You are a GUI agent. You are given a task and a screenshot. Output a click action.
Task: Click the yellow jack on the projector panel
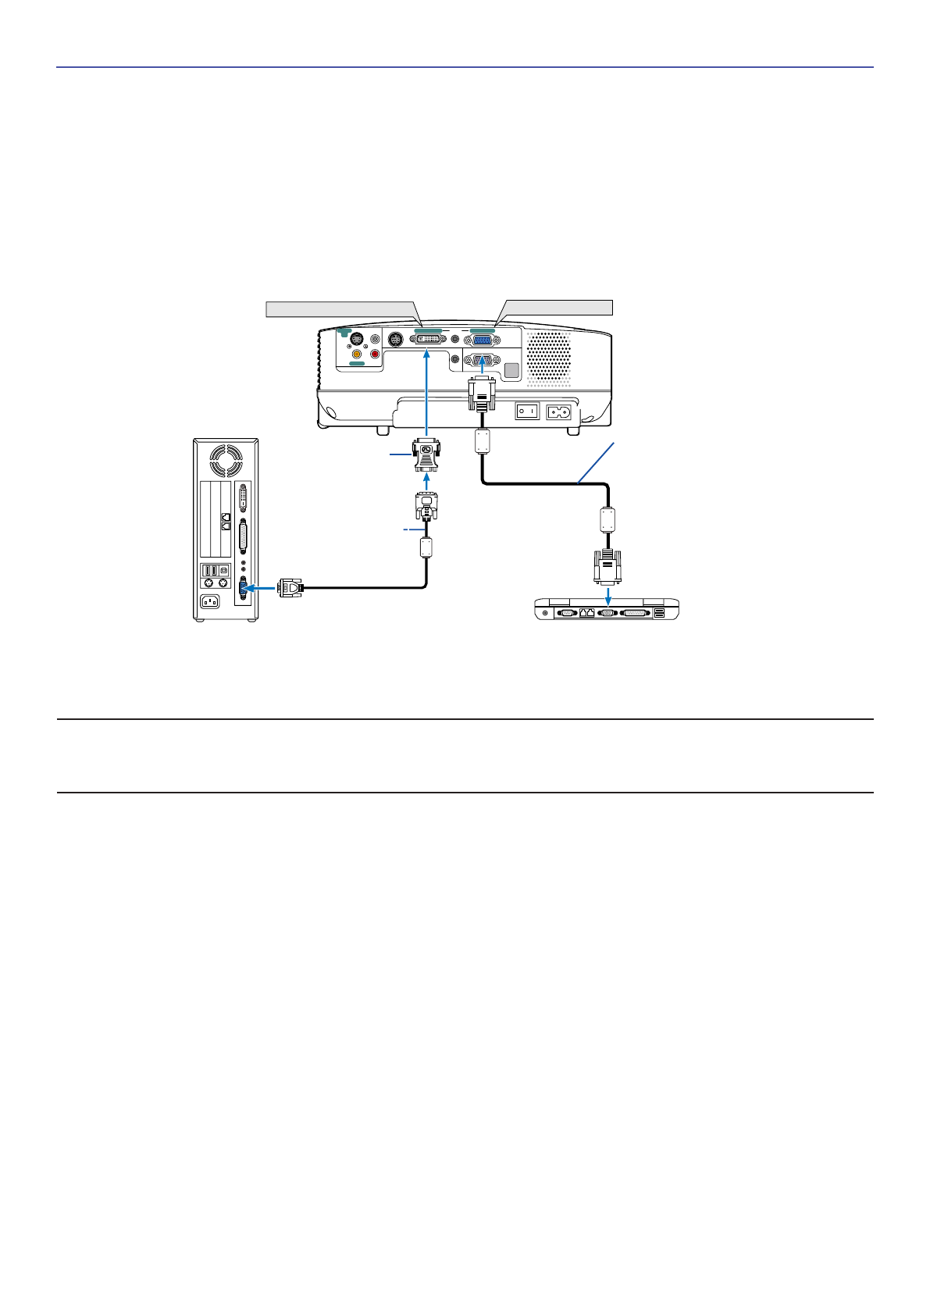pos(357,354)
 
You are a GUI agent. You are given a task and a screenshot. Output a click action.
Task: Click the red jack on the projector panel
pos(375,354)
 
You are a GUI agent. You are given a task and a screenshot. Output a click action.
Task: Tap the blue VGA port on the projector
pos(482,340)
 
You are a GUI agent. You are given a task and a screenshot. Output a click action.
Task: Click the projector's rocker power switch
pos(527,411)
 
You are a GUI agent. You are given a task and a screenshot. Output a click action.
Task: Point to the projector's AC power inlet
pos(559,411)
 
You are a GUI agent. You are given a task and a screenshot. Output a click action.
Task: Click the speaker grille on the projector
pos(550,358)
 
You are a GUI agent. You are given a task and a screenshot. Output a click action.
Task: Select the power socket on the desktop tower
pos(210,601)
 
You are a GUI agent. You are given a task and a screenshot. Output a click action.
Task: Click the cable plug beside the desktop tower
pos(290,587)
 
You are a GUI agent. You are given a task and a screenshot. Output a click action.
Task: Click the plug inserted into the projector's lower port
pos(481,394)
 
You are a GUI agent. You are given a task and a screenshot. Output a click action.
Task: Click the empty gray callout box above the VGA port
pos(559,307)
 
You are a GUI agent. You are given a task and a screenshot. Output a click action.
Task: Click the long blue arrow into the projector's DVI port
pos(427,390)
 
